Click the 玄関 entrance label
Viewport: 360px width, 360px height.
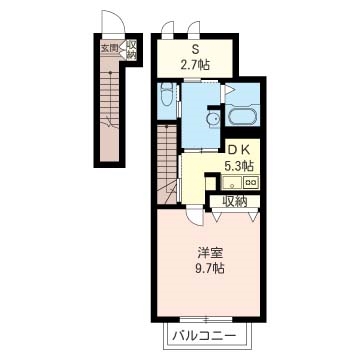[110, 48]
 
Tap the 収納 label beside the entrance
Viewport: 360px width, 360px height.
[131, 50]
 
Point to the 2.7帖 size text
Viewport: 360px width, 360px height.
[195, 65]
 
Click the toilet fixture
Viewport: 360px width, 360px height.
[165, 94]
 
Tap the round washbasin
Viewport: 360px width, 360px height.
[213, 119]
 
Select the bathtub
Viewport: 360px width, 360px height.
[243, 114]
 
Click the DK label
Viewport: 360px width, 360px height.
[238, 150]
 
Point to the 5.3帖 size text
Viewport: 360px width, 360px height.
[237, 165]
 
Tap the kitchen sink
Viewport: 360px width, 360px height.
[232, 183]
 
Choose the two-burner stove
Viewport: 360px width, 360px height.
[251, 182]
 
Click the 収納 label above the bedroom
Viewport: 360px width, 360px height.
[235, 202]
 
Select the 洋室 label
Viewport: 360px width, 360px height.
[210, 254]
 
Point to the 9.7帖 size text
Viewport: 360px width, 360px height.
[210, 268]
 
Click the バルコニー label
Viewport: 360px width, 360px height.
[204, 336]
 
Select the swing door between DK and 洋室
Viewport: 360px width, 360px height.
[195, 216]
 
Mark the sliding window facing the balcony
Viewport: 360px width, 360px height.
[206, 319]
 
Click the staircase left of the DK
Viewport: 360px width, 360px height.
[167, 164]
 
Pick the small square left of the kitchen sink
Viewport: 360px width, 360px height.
[210, 183]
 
